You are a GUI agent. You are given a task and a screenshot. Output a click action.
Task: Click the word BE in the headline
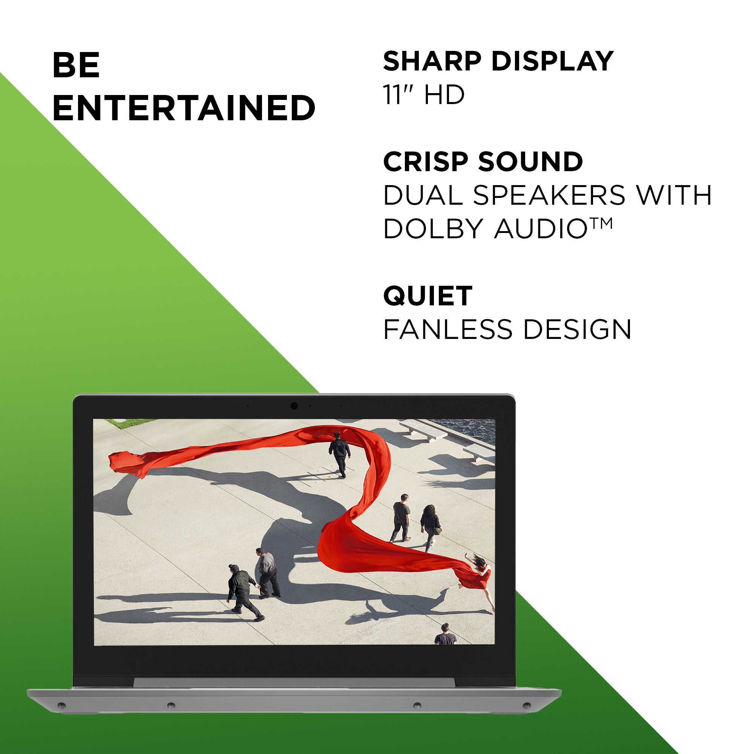coord(76,65)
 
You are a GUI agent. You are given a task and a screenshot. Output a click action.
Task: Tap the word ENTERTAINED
coord(184,107)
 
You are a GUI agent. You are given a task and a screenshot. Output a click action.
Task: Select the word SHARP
coord(432,61)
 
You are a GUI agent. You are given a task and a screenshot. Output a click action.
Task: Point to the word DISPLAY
coord(552,61)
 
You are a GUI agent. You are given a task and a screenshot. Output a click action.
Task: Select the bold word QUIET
coord(428,296)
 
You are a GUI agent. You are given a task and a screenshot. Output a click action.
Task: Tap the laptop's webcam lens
coord(294,406)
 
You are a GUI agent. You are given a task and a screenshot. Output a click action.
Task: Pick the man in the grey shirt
coord(268,572)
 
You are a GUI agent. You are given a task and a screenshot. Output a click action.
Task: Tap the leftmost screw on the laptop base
coord(61,705)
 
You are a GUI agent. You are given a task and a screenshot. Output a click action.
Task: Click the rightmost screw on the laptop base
coord(526,705)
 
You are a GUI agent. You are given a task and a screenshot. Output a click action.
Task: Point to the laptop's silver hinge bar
coord(294,683)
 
